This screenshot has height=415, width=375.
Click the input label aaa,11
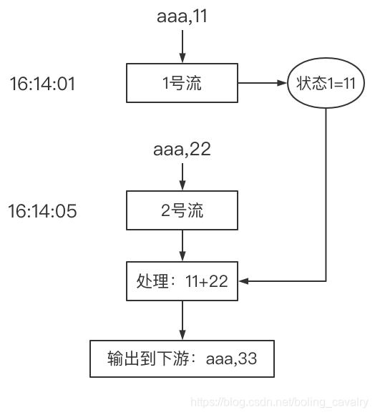point(182,16)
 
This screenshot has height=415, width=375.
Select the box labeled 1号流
point(182,83)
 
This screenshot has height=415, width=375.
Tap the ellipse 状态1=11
point(326,83)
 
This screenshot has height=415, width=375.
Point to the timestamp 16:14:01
point(42,84)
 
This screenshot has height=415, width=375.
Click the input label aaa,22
point(182,150)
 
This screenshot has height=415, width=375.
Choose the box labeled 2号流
point(182,210)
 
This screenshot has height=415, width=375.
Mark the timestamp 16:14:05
point(42,212)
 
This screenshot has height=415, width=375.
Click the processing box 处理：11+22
point(182,281)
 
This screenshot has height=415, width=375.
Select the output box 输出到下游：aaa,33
point(182,358)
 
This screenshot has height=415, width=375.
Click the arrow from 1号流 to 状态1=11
point(262,83)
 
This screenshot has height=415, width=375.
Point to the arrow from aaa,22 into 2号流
point(182,176)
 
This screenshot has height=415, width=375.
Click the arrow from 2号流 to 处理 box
point(182,246)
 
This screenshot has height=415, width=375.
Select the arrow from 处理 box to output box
point(182,319)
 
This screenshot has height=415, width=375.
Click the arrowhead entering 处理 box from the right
point(243,282)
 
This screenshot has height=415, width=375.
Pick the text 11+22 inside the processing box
point(204,281)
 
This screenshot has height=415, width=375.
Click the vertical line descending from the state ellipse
point(326,193)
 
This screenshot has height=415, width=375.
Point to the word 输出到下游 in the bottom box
point(147,358)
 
